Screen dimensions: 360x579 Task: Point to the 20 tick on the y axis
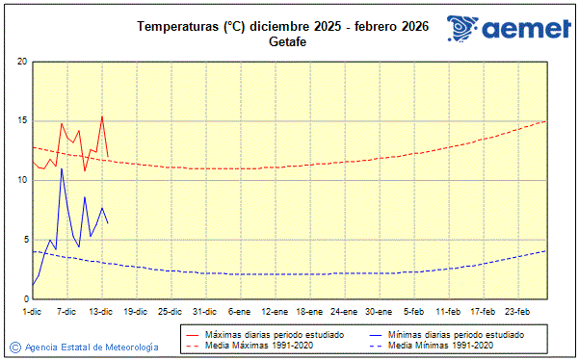(x=22, y=62)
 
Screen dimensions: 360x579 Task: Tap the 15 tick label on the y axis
(x=22, y=121)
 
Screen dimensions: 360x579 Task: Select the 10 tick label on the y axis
(x=22, y=180)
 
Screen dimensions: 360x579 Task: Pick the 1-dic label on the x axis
(x=33, y=311)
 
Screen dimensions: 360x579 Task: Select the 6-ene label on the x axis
(x=240, y=311)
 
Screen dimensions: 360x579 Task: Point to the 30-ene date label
(x=379, y=311)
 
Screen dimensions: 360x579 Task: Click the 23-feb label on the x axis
(x=517, y=311)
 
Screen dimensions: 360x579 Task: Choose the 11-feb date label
(x=448, y=311)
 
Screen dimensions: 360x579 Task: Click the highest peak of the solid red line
(x=102, y=116)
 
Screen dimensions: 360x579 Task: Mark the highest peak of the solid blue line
(x=62, y=168)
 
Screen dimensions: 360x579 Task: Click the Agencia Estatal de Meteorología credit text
(x=92, y=347)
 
